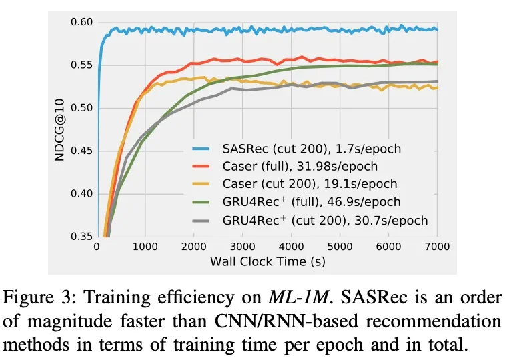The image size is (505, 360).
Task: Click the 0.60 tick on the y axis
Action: [x=81, y=22]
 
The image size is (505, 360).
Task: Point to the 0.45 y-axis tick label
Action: [x=81, y=151]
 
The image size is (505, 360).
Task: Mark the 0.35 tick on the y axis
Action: [x=81, y=237]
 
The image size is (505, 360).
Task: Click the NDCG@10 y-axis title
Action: [x=59, y=129]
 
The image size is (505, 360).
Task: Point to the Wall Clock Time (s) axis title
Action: [x=268, y=261]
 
